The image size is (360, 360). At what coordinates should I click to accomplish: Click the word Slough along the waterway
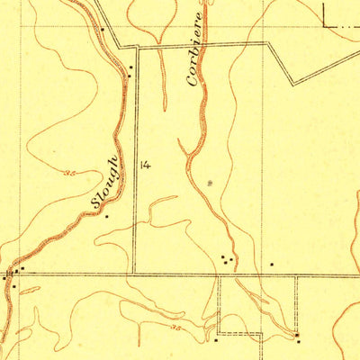point(106,182)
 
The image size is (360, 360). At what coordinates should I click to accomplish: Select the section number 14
point(145,165)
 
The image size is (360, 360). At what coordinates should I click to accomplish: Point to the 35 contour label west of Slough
point(68,170)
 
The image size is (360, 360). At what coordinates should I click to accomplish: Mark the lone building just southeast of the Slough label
point(107,216)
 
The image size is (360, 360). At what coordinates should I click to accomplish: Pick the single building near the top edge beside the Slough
point(102,29)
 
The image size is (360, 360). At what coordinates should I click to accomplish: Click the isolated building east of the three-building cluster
point(272,265)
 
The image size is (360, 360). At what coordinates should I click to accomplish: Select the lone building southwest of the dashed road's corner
point(217,340)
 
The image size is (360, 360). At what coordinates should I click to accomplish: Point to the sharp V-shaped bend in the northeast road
point(292,84)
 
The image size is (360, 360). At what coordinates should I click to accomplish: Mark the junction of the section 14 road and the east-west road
point(134,274)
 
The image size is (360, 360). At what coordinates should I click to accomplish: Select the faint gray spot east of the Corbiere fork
point(211,183)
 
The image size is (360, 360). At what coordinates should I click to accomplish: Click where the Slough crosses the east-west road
point(12,272)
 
